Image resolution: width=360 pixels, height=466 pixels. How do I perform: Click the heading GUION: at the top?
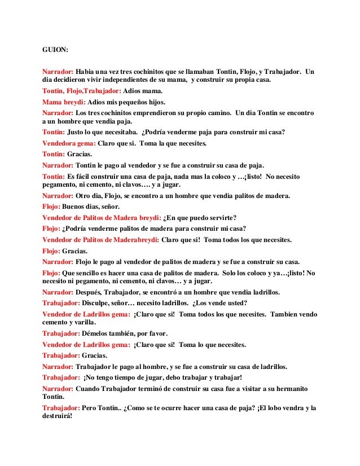click(x=55, y=50)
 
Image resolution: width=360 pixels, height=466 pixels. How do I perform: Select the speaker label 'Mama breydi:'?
click(x=64, y=102)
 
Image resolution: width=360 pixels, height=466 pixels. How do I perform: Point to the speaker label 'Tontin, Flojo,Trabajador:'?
click(x=82, y=91)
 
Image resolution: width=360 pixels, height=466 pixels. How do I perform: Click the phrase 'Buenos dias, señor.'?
click(x=91, y=206)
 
